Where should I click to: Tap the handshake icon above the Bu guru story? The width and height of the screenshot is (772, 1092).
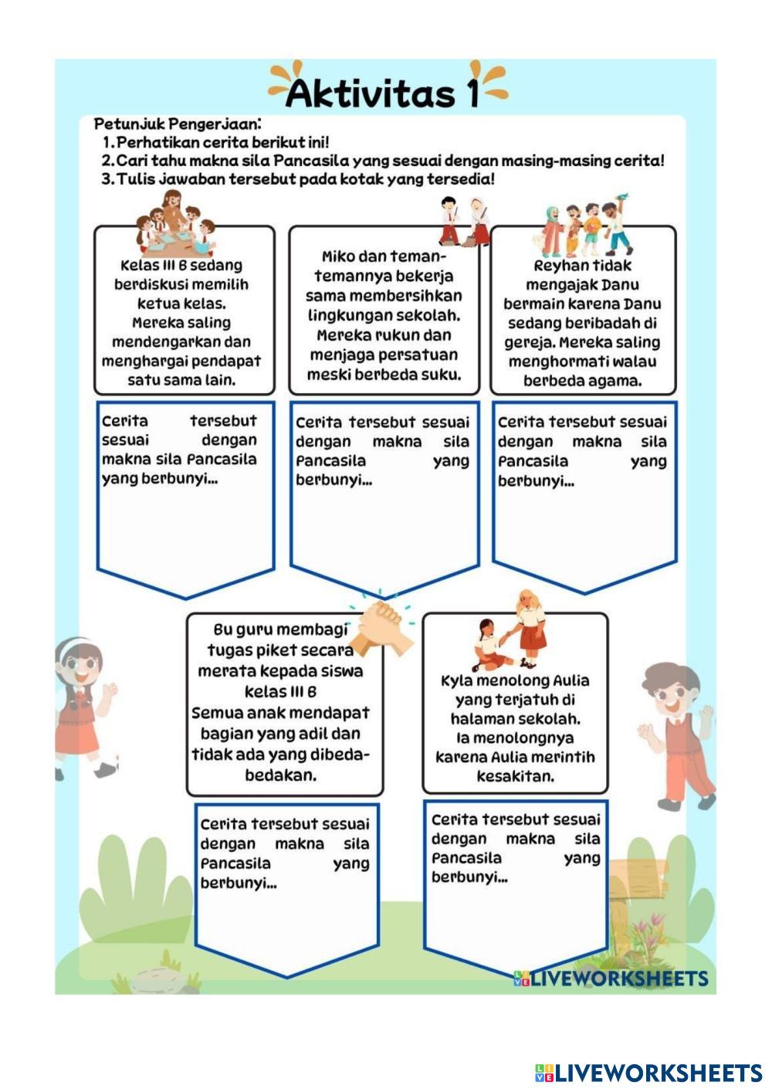381,626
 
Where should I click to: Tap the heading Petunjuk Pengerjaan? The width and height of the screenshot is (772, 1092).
177,124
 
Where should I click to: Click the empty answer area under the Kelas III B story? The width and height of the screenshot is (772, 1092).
185,533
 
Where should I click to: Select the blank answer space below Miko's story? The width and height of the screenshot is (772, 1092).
384,533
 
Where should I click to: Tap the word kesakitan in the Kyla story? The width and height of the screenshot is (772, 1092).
515,776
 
